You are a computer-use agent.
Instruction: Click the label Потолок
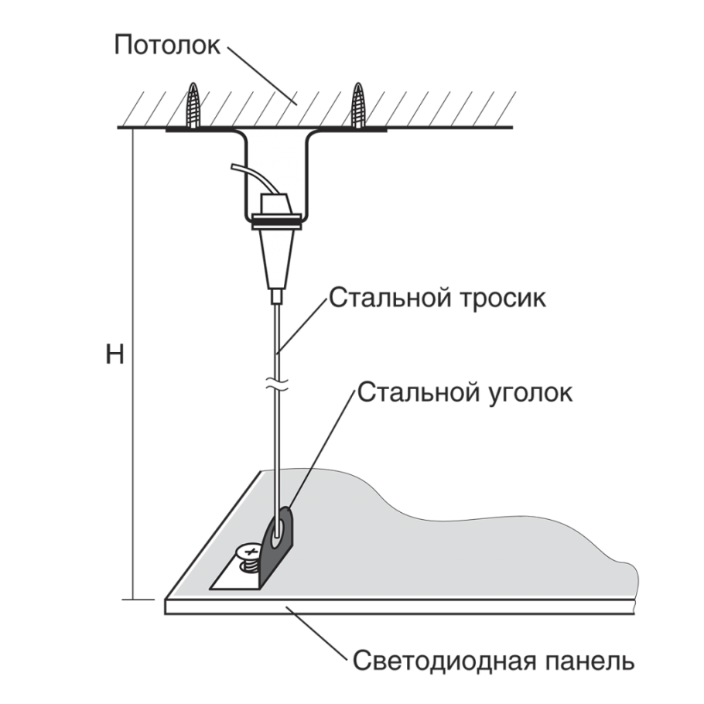point(167,45)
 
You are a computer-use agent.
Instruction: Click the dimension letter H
point(114,354)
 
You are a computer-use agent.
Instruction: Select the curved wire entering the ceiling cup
point(249,177)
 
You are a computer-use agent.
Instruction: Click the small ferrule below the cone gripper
point(278,296)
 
